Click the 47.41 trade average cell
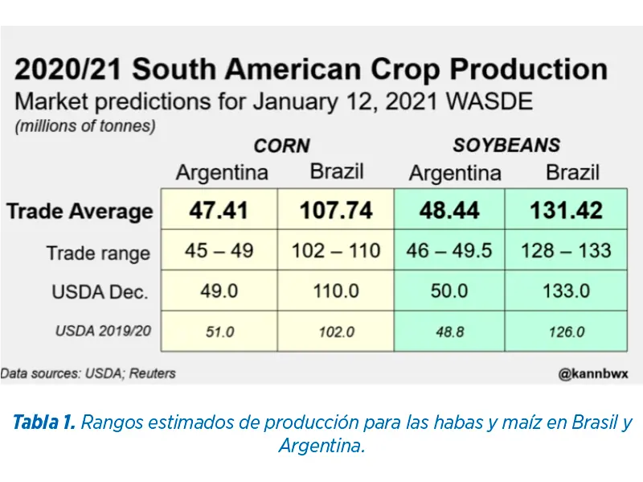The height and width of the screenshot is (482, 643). [x=219, y=211]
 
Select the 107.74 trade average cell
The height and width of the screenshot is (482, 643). [x=336, y=211]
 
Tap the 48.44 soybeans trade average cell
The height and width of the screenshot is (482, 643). [x=449, y=211]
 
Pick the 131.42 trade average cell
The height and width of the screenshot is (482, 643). [x=566, y=211]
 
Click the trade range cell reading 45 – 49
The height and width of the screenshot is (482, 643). [x=219, y=250]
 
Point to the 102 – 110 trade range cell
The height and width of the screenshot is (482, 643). [x=336, y=250]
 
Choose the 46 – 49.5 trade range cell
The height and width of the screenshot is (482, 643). [x=449, y=250]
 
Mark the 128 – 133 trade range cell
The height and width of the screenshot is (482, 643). [x=566, y=250]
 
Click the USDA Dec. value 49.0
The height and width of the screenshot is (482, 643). [x=219, y=290]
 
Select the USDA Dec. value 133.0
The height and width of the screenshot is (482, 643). [x=566, y=290]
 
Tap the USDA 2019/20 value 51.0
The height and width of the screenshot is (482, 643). [x=219, y=331]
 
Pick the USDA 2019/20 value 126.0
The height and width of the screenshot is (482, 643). [x=566, y=331]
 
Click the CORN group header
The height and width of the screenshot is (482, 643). [x=281, y=146]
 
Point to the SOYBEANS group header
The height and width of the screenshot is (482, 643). [x=506, y=146]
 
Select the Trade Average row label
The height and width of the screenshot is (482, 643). [x=80, y=212]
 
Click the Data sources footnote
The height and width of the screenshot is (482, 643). [x=88, y=373]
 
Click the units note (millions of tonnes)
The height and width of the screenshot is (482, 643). [x=85, y=126]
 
